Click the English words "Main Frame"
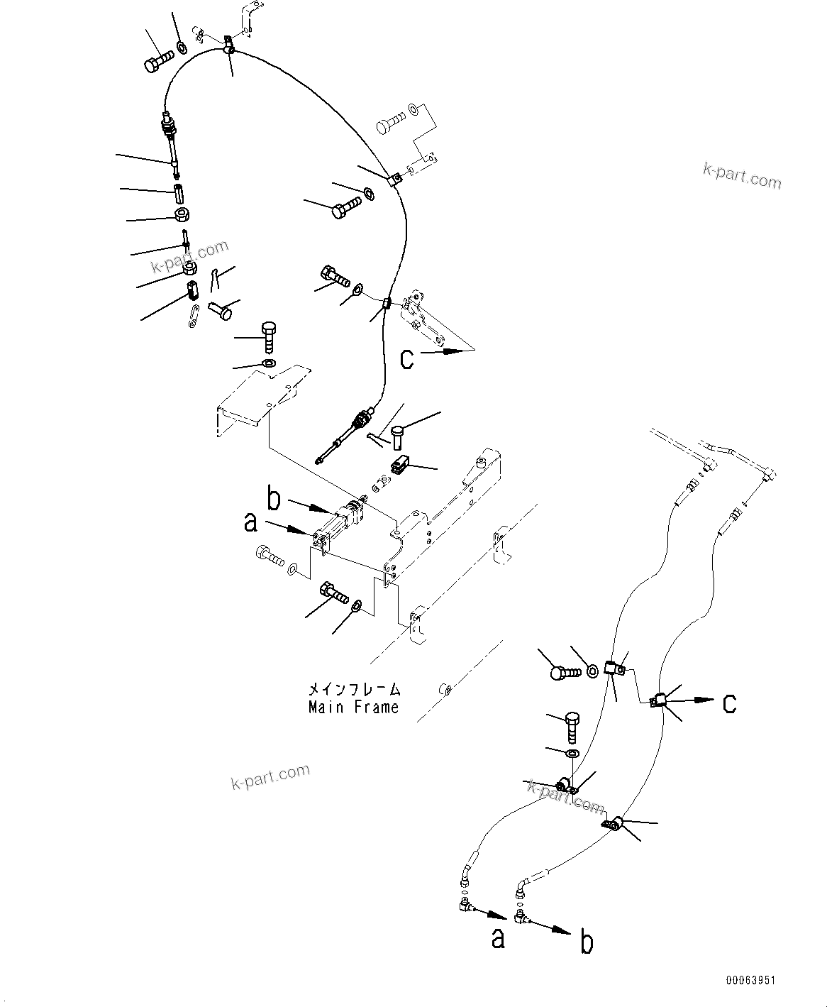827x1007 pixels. coord(353,708)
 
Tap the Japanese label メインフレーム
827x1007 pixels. coord(353,689)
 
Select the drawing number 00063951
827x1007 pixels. coord(750,980)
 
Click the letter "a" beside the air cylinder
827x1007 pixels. coord(250,523)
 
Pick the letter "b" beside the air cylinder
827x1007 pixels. coord(274,499)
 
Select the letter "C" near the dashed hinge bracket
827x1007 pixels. coord(406,358)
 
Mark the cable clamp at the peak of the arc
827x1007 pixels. coord(228,47)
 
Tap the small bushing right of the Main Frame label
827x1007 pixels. coord(445,688)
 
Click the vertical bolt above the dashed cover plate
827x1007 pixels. coord(268,337)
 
